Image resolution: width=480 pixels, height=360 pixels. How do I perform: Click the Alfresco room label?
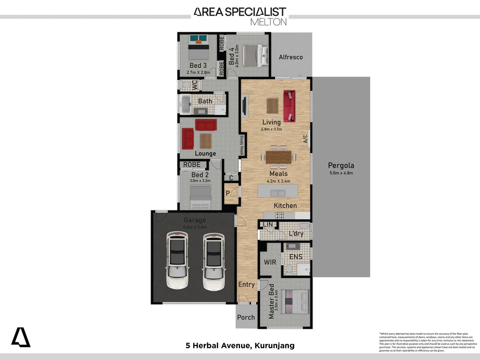(x=291, y=57)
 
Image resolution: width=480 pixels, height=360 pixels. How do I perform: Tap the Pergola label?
(x=341, y=165)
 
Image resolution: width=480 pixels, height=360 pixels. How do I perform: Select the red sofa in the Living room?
(x=289, y=106)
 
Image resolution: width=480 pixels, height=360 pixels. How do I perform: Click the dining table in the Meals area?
(x=278, y=157)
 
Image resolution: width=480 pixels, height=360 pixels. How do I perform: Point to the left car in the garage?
(x=177, y=260)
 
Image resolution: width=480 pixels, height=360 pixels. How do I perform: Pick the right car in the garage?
(x=214, y=260)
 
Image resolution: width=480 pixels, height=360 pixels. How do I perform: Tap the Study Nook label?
(x=242, y=145)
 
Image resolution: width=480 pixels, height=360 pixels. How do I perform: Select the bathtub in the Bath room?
(x=185, y=104)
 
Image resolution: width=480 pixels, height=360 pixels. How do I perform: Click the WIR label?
(x=270, y=262)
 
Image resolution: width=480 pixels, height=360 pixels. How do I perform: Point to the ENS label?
(x=296, y=257)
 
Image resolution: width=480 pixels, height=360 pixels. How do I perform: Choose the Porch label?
(x=246, y=317)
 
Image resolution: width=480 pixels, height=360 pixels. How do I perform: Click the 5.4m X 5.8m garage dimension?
(x=195, y=227)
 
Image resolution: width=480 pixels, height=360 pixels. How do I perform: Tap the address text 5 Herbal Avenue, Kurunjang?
(x=240, y=345)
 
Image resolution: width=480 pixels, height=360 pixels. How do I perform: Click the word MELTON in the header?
(x=268, y=22)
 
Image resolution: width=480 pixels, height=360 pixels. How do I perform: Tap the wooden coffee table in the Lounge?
(x=206, y=141)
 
